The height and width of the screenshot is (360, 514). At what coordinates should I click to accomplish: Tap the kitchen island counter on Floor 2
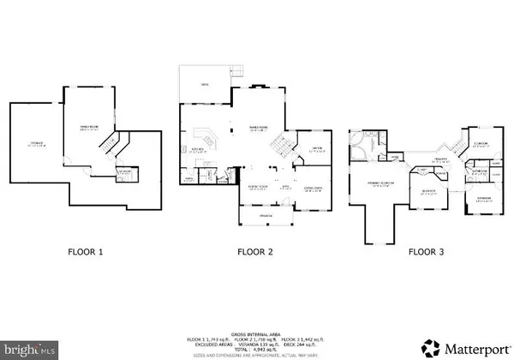[x=207, y=137]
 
